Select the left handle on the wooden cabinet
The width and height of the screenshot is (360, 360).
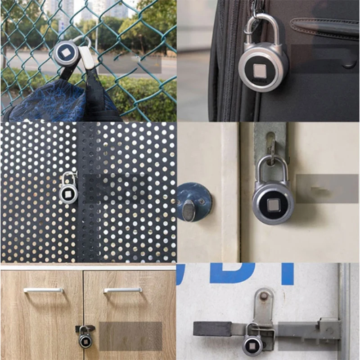(44, 290)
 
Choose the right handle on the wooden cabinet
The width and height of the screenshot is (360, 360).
(122, 290)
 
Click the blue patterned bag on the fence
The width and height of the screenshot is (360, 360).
(49, 101)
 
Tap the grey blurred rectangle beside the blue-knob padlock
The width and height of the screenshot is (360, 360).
(327, 188)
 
